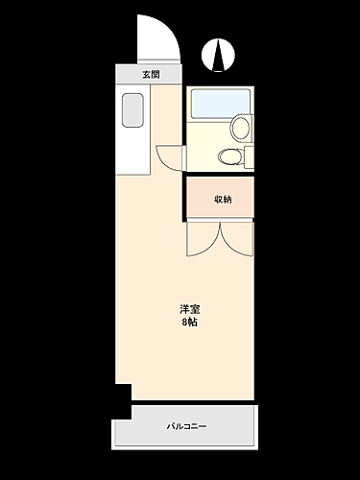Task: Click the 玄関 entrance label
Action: (150, 75)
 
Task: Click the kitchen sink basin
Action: (131, 112)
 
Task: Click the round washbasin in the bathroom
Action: (240, 127)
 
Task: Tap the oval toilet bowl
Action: (229, 156)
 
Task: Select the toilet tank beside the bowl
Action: (248, 156)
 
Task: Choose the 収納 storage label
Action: (222, 199)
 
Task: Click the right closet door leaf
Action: (237, 240)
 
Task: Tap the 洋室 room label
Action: (189, 309)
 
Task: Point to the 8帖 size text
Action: (189, 323)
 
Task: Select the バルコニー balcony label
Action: (186, 426)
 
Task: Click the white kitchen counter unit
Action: (132, 130)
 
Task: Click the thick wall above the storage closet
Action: (219, 176)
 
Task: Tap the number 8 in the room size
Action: (184, 323)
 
